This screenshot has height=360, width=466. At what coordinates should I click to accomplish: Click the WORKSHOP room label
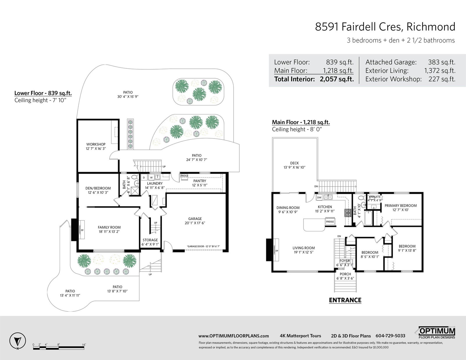[96, 144]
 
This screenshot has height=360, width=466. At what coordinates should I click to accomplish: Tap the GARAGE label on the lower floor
[195, 219]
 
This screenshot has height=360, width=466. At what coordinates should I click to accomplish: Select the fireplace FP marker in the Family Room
[82, 230]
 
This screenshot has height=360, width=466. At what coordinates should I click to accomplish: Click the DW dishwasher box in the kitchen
[319, 198]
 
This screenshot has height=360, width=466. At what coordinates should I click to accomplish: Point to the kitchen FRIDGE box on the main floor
[330, 221]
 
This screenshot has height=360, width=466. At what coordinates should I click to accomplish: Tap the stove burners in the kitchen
[348, 213]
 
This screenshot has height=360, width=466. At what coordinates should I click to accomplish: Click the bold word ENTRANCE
[345, 300]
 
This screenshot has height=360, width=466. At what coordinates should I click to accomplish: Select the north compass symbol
[17, 341]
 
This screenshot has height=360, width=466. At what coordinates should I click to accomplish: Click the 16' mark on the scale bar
[84, 345]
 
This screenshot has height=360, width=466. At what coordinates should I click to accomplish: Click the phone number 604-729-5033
[390, 336]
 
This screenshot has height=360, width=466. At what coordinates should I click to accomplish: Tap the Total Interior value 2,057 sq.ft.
[336, 79]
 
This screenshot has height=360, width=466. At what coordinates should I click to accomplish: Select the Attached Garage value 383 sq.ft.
[442, 62]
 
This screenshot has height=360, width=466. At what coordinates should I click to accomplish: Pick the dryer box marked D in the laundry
[144, 178]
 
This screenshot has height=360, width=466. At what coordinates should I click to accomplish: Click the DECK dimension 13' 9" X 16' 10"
[294, 167]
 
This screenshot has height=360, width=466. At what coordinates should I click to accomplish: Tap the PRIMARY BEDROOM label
[400, 205]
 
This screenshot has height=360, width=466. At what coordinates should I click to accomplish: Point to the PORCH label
[345, 274]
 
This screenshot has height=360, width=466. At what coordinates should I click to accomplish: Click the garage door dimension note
[203, 246]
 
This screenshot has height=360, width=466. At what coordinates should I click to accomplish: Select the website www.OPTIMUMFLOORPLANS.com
[234, 336]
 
